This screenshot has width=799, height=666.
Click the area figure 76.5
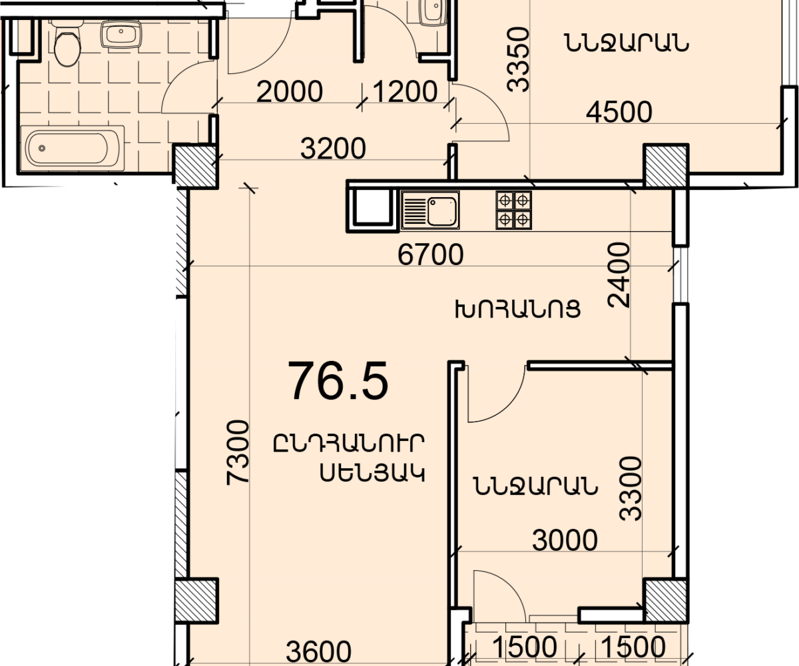tap(338, 382)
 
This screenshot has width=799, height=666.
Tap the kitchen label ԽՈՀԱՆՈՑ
tap(518, 309)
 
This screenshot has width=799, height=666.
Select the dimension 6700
tap(431, 255)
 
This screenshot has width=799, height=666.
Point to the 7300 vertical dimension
tap(238, 452)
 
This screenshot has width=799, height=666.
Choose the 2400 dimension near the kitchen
tap(619, 275)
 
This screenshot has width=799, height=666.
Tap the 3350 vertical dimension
tap(518, 59)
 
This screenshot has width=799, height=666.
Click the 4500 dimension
tap(619, 112)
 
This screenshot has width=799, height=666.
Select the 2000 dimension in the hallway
tap(290, 92)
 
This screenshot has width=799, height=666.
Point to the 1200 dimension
tap(404, 92)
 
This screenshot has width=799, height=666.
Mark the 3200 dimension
tap(333, 149)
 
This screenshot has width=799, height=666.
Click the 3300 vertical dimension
tap(631, 488)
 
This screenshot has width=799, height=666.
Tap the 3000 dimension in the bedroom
tap(565, 540)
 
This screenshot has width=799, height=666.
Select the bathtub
tap(73, 148)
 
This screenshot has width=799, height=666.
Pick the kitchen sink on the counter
tap(431, 210)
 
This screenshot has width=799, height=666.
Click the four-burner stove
tap(514, 210)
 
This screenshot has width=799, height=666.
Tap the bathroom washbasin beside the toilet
tap(121, 34)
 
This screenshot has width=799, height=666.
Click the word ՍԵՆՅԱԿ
tap(372, 474)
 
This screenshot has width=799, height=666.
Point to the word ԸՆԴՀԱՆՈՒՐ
tap(349, 444)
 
